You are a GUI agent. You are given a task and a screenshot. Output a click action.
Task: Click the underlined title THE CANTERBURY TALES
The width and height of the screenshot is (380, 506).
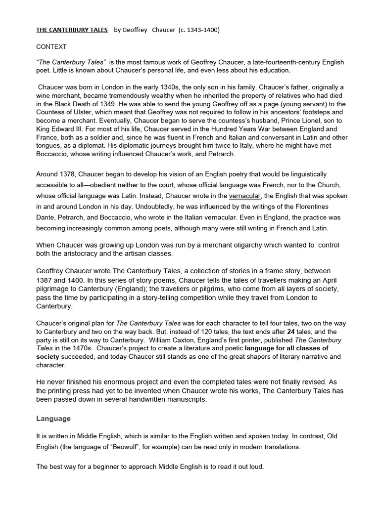72,30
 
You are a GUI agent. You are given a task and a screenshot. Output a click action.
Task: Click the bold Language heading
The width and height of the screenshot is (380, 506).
53,418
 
